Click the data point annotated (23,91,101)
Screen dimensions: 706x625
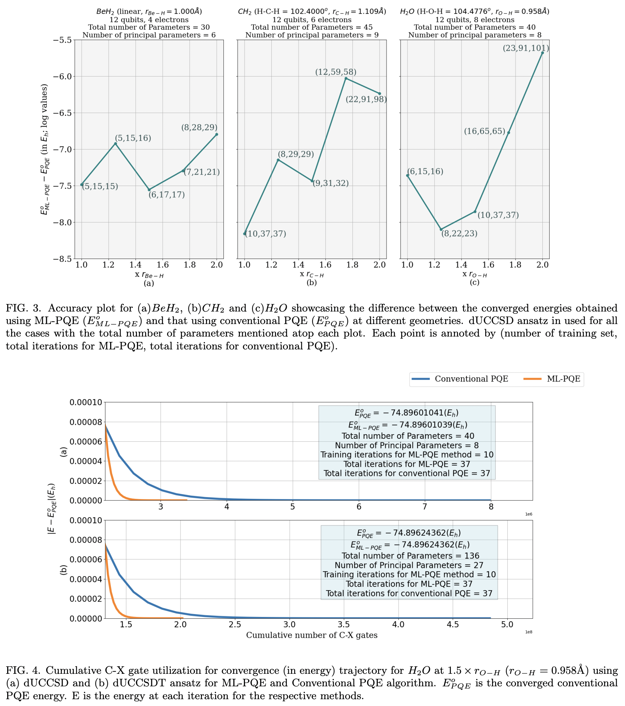[x=542, y=53]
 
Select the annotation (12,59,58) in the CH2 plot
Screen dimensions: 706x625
[x=335, y=72]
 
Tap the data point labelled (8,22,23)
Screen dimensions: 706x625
[x=441, y=229]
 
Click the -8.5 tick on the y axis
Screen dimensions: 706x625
[x=62, y=259]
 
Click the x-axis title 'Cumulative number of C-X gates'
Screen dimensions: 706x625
[x=311, y=635]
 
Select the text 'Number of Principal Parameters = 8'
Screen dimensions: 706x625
[x=407, y=445]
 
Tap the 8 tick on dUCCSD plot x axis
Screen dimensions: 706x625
[x=491, y=506]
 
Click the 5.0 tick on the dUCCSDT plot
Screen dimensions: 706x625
[x=507, y=624]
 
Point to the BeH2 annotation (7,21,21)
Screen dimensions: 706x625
[x=202, y=172]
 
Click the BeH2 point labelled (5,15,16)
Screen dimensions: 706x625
[x=115, y=143]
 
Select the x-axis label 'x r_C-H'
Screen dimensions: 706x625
[x=311, y=274]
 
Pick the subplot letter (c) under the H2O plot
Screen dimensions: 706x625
[x=474, y=283]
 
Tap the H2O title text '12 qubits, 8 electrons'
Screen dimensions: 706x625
[x=474, y=20]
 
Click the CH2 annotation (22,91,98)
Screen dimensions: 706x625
[x=366, y=99]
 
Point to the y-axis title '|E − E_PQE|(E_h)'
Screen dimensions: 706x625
[x=52, y=509]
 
